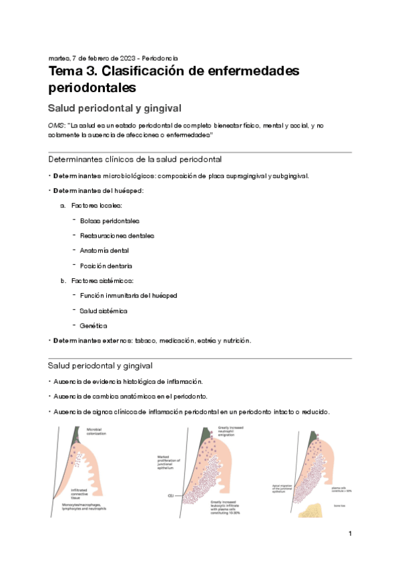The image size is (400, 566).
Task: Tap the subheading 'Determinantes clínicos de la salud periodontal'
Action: [135, 160]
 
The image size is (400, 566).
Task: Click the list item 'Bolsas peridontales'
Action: [110, 220]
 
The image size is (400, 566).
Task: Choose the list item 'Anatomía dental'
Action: [104, 250]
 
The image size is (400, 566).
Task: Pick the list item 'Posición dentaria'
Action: [106, 266]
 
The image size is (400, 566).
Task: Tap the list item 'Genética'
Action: [93, 326]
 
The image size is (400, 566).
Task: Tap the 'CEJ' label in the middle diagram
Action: [172, 496]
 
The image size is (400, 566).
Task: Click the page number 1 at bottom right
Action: [349, 535]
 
